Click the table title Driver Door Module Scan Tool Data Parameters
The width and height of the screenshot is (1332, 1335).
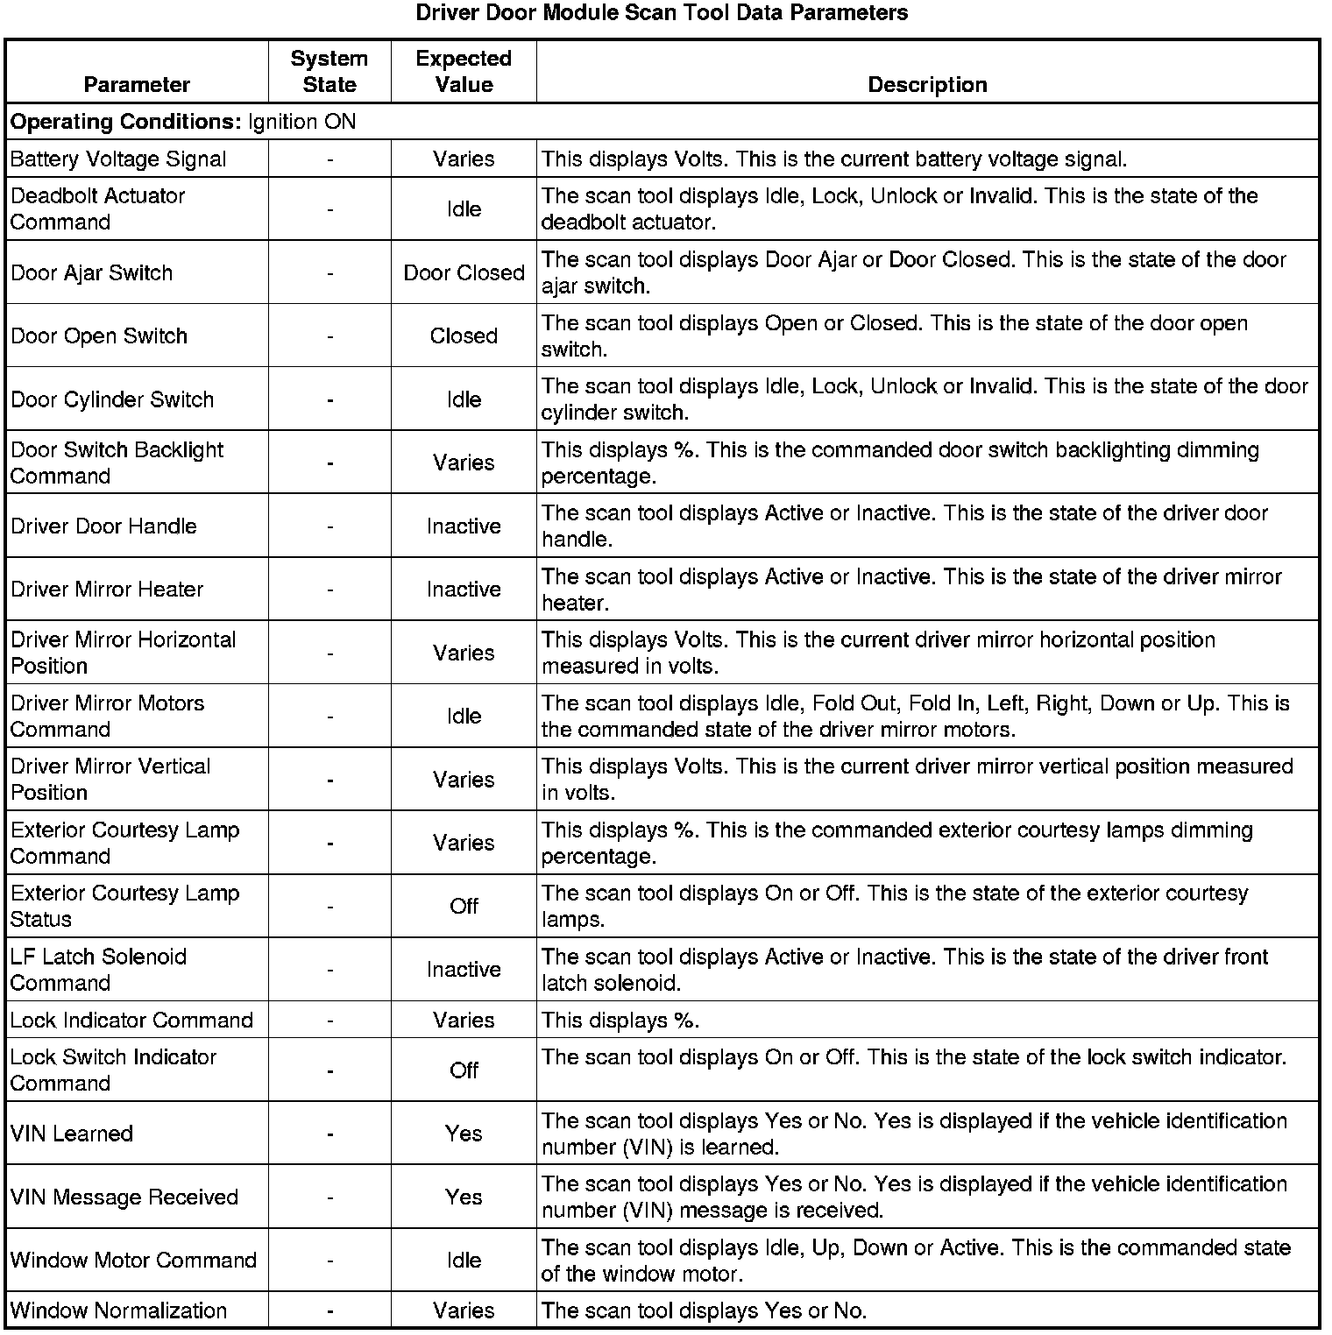(662, 13)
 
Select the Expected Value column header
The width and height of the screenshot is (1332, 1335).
(464, 72)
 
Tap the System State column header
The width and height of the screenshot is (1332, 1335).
(329, 72)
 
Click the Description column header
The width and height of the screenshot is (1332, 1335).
(927, 85)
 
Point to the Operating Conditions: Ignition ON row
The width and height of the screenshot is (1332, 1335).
(183, 122)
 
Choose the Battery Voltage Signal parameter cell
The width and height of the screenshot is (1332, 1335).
(118, 159)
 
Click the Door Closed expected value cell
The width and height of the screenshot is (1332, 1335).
(464, 272)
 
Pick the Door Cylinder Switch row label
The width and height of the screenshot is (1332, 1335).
(112, 399)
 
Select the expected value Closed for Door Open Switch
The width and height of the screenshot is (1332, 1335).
(464, 336)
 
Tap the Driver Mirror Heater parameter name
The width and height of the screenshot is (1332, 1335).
(107, 590)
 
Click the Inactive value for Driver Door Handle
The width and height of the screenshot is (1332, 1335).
(464, 526)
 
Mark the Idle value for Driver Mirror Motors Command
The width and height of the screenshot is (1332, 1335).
(464, 717)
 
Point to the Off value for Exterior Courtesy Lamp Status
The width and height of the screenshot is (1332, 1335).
(464, 907)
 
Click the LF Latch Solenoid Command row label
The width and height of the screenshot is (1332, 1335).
(98, 970)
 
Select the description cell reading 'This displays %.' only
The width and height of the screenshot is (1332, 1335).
(620, 1021)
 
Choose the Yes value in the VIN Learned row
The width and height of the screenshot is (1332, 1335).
(464, 1134)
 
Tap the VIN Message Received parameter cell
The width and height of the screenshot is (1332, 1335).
(124, 1197)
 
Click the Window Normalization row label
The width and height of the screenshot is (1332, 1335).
(118, 1310)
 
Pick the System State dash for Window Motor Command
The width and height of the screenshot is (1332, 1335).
(329, 1261)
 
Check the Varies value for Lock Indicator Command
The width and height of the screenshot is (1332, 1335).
(464, 1021)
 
